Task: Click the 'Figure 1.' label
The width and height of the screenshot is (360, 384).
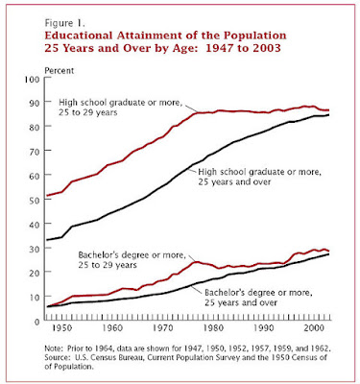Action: tap(64, 23)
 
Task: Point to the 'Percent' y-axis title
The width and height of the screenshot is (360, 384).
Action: tap(60, 70)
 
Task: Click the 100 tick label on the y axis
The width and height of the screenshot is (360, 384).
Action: tap(32, 79)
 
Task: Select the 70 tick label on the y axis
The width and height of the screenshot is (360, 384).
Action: tap(34, 151)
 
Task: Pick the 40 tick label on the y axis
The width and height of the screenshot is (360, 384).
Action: tap(34, 224)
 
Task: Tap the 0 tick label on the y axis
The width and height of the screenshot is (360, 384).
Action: tap(36, 322)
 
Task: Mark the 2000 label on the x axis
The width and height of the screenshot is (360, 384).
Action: tap(313, 328)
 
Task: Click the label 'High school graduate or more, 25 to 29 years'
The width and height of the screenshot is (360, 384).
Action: tap(120, 108)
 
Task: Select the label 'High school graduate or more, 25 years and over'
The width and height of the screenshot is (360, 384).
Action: tap(259, 177)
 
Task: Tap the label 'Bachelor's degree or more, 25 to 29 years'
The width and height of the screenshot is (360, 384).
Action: tap(132, 260)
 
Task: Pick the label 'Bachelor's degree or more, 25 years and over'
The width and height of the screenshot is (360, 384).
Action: tap(258, 298)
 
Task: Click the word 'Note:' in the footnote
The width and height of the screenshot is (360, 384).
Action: tap(55, 348)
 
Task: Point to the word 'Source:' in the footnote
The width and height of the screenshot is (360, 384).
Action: tap(57, 357)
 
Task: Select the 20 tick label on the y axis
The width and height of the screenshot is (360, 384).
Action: tap(34, 273)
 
